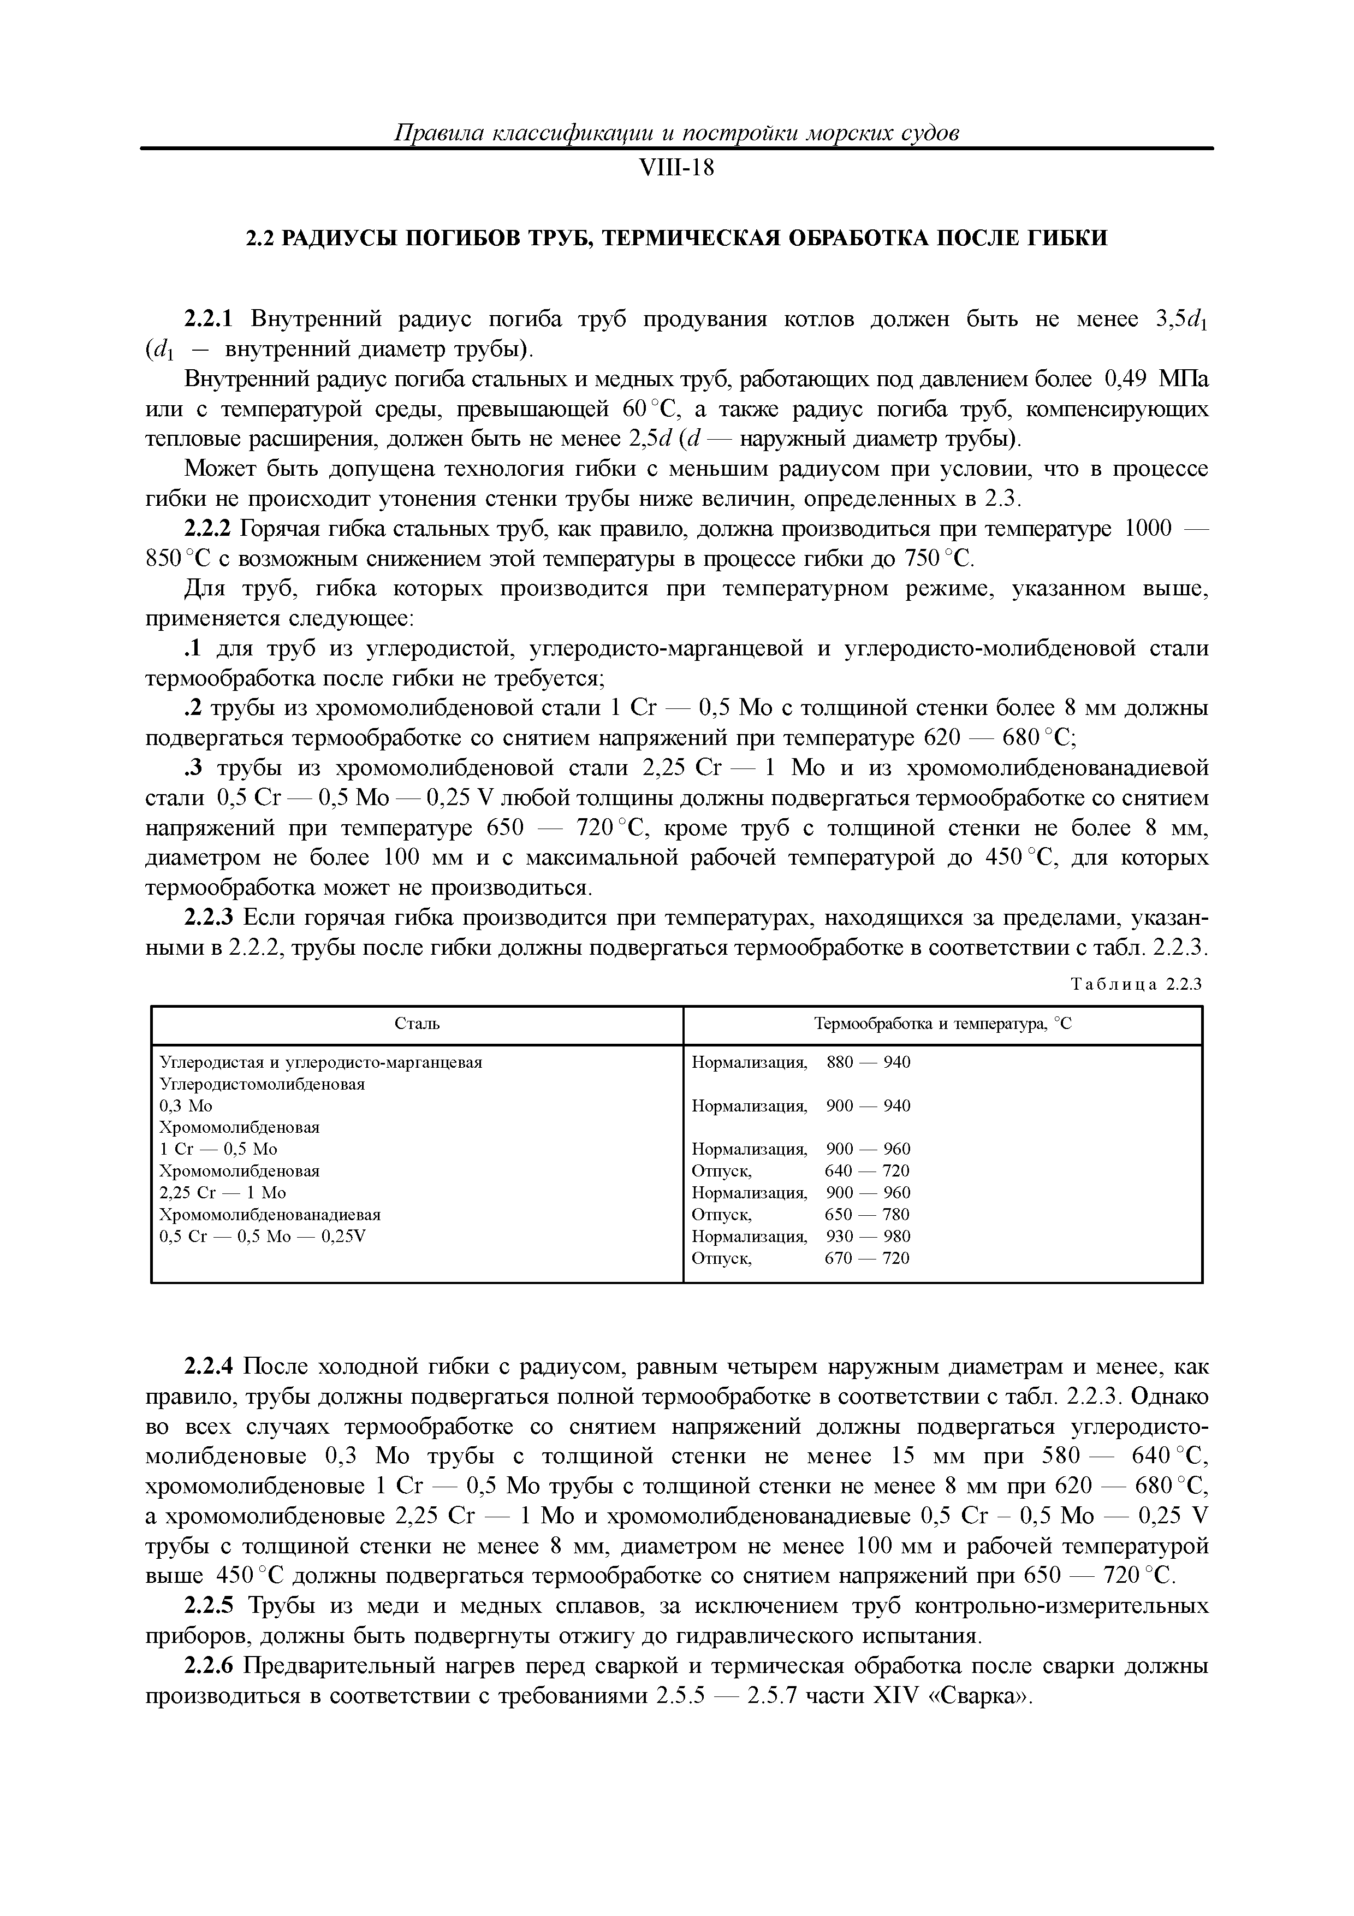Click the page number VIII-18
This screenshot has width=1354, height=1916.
[676, 169]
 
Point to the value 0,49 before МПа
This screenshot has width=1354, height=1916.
[1127, 380]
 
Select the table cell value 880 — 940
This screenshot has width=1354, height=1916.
[868, 1062]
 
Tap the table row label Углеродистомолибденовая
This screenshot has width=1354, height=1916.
[262, 1084]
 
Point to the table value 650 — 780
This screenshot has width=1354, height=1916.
[868, 1214]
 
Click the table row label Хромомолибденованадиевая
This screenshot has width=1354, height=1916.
[270, 1214]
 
